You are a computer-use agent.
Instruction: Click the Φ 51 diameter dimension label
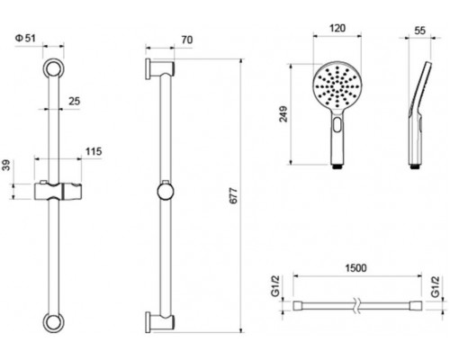pos(25,39)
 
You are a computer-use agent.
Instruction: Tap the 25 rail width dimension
pos(75,101)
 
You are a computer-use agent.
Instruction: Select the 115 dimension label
pos(94,151)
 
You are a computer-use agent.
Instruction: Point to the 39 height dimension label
pos(6,166)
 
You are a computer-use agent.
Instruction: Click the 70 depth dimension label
pos(187,40)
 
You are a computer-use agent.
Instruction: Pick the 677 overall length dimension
pos(233,196)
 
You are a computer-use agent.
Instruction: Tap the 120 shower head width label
pos(337,28)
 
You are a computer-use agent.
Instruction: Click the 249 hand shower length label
pos(283,114)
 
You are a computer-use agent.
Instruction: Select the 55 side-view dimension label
pos(419,31)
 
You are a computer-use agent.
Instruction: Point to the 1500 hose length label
pos(355,268)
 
